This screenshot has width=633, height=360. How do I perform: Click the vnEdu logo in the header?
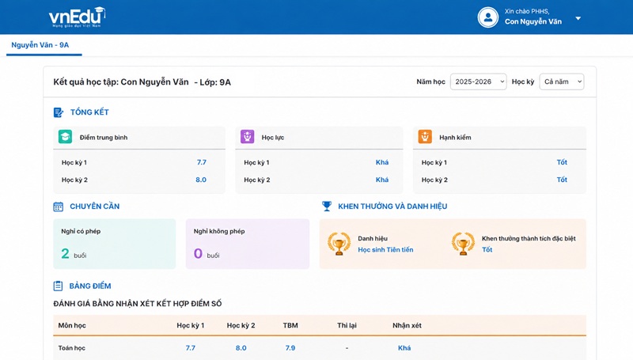(77, 17)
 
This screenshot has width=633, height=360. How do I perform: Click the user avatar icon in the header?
(488, 17)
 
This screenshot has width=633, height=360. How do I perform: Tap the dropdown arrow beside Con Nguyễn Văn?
(578, 18)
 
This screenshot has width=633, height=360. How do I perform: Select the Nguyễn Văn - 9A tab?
(40, 45)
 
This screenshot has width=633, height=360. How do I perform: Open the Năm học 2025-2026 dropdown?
(479, 81)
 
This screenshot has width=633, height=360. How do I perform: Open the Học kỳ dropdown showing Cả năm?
(562, 81)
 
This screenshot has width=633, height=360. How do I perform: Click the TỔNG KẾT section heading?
(89, 112)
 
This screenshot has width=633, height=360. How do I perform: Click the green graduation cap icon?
(65, 137)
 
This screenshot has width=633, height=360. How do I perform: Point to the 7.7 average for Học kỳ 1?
(202, 162)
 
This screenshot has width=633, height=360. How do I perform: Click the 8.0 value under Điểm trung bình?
(201, 180)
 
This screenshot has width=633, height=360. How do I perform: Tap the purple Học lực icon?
(247, 137)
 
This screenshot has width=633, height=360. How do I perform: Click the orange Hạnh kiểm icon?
(425, 137)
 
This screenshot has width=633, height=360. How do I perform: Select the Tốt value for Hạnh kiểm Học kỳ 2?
(562, 180)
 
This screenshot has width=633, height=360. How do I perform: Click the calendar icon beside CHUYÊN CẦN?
(58, 207)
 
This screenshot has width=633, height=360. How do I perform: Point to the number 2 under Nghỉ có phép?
(65, 253)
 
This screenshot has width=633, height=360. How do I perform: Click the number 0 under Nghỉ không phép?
(198, 253)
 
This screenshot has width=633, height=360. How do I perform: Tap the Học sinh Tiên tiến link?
(385, 250)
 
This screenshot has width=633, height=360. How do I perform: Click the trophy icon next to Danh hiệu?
(339, 244)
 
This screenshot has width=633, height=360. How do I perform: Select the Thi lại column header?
(347, 325)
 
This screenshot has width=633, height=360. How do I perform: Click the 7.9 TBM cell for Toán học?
(290, 348)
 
